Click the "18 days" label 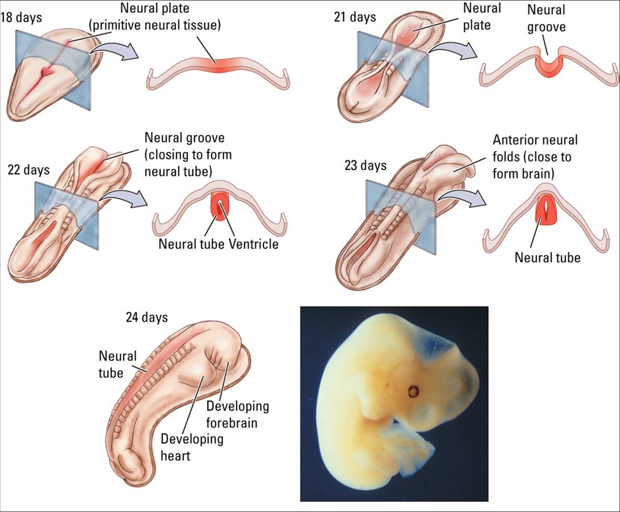(21, 17)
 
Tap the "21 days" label (354, 17)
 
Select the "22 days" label (28, 170)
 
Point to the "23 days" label (365, 165)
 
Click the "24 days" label (146, 317)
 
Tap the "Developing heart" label (191, 447)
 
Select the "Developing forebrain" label (237, 415)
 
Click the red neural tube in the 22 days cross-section (220, 207)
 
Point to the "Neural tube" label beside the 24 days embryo (118, 364)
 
